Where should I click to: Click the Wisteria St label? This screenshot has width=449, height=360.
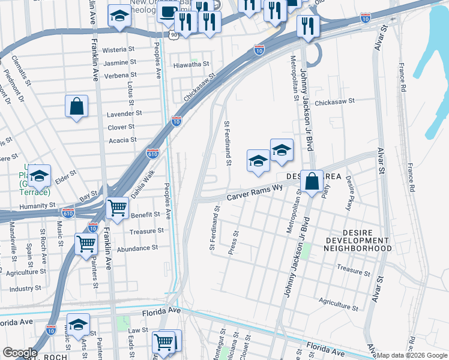[x=118, y=49]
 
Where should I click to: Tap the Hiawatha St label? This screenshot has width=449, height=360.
[x=190, y=64]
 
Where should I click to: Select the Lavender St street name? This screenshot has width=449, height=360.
[x=124, y=113]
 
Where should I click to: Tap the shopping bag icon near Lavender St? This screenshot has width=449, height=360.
[x=77, y=107]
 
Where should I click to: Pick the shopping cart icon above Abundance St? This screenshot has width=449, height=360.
[x=86, y=244]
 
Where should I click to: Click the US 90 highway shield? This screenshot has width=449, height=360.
[x=173, y=35]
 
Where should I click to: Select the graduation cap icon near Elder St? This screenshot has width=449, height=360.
[x=40, y=176]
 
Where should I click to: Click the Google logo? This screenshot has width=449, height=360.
[x=20, y=353]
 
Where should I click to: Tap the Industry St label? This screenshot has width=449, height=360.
[x=25, y=289]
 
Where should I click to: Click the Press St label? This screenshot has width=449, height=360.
[x=235, y=242]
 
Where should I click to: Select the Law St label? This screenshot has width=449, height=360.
[x=138, y=330]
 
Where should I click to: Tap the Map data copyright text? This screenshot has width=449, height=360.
[x=412, y=355]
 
